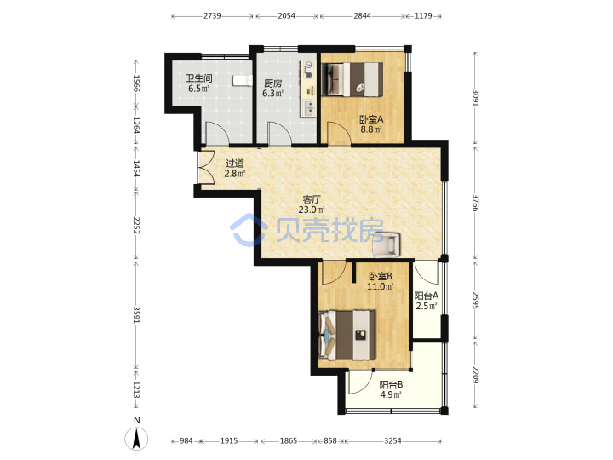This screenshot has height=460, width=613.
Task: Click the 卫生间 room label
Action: pos(198,78)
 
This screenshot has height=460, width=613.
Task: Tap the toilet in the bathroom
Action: pos(242,81)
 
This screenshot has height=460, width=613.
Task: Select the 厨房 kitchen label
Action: pos(273,83)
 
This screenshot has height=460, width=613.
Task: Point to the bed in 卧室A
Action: pos(352,79)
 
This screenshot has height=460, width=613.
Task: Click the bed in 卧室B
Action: pos(347,336)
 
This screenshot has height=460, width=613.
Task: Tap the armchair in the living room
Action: pos(387,244)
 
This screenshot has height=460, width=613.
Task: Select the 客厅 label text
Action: pos(312,199)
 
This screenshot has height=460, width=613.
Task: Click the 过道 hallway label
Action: pos(235,164)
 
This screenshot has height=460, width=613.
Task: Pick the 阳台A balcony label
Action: pos(427,296)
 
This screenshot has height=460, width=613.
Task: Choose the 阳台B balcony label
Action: pos(391,385)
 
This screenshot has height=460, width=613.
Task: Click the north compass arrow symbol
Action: pos(136,439)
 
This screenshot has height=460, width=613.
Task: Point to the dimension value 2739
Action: pos(212,16)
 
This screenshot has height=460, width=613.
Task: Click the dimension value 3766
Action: pos(475,203)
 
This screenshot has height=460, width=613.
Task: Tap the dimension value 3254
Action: pos(392,441)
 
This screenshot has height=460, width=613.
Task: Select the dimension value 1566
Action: pos(136,83)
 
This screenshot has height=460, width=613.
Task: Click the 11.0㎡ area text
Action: pos(380,287)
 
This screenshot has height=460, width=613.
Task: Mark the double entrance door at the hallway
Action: pos(206,167)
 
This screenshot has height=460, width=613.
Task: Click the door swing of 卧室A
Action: pos(339,134)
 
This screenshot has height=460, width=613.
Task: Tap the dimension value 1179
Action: pos(423,16)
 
